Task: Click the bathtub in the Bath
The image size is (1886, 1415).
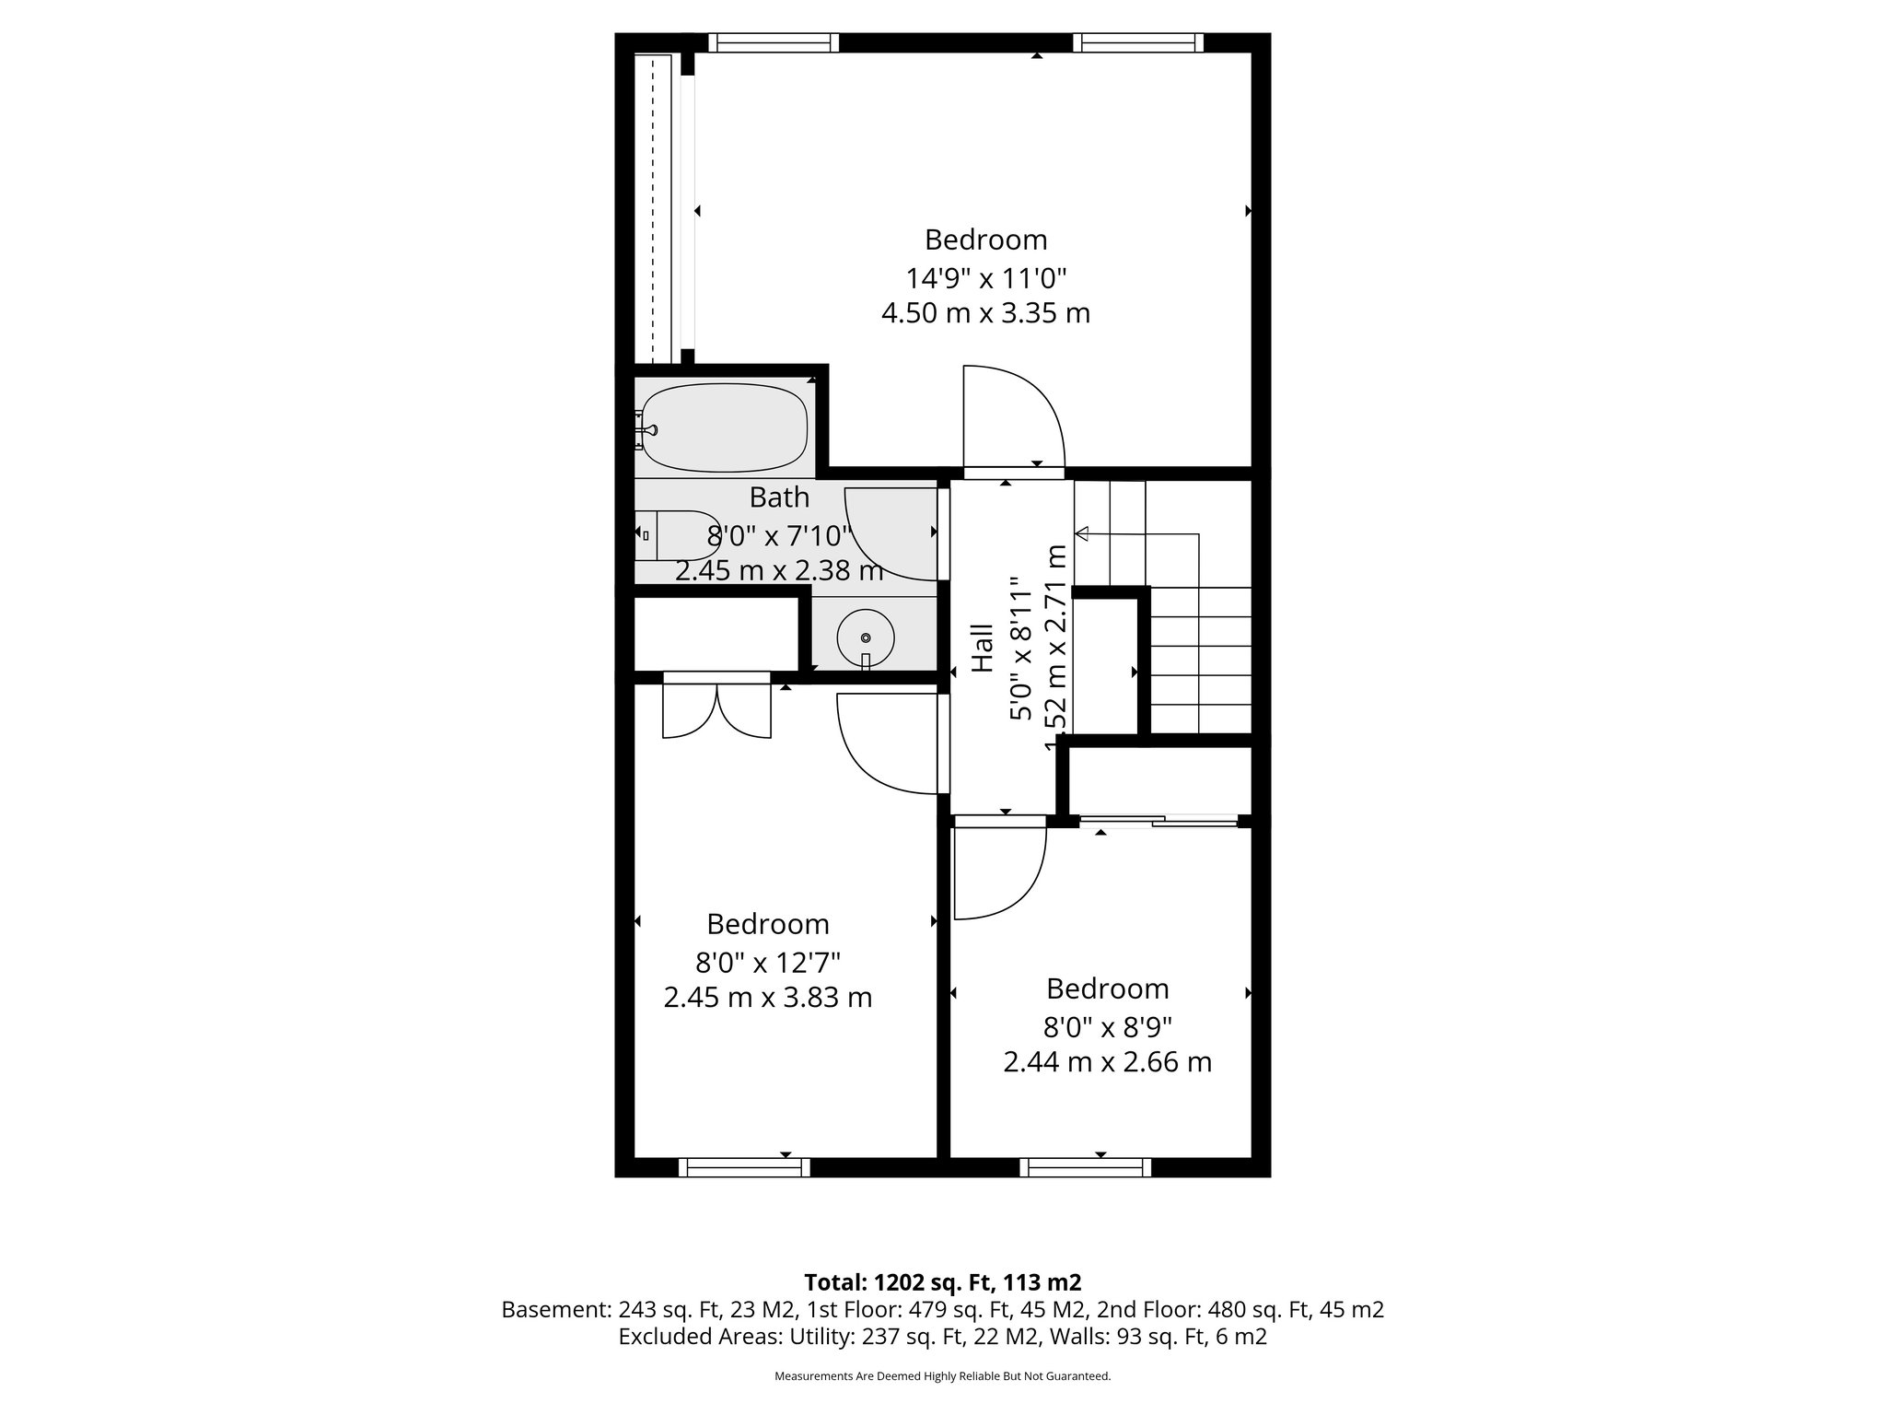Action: click(x=725, y=427)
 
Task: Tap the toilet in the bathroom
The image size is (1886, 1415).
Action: click(x=677, y=534)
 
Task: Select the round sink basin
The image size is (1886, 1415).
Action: click(x=866, y=637)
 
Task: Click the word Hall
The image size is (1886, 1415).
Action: click(x=984, y=648)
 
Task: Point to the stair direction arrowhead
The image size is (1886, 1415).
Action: click(x=1083, y=533)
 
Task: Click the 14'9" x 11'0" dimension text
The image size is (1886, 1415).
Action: click(x=985, y=276)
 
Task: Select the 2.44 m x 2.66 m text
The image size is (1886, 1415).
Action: click(x=1107, y=1062)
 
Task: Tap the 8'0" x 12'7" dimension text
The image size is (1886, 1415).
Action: click(x=768, y=963)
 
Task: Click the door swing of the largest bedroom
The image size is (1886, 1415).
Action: click(x=1013, y=419)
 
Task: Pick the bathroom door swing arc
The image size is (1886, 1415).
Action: click(x=889, y=534)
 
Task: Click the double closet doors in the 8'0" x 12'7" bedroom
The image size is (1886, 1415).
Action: click(x=716, y=709)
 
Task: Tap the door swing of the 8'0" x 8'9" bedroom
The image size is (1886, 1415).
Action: click(x=999, y=871)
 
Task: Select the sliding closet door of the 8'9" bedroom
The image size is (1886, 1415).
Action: click(x=1158, y=819)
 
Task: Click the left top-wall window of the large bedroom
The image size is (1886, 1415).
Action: click(x=774, y=42)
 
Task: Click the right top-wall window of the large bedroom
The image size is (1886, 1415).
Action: click(x=1138, y=42)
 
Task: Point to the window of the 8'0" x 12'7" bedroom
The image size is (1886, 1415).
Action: click(x=744, y=1167)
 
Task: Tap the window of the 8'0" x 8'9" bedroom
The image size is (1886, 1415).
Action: click(x=1085, y=1167)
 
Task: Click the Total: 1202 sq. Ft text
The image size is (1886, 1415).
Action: click(x=942, y=1282)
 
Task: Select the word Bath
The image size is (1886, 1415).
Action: click(x=779, y=497)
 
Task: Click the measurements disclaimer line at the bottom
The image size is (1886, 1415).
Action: click(x=942, y=1376)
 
